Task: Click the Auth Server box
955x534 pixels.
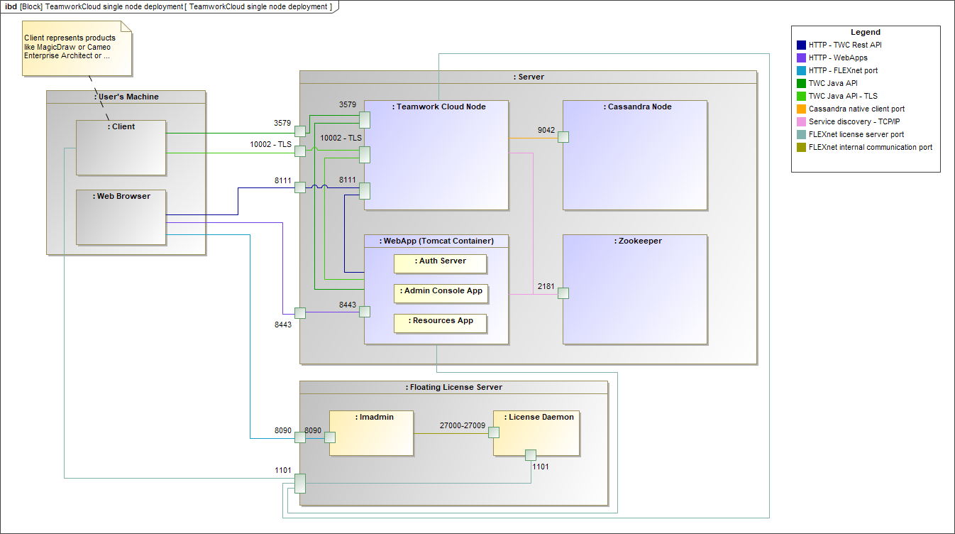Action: coord(440,263)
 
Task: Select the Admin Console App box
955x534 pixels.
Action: coord(441,293)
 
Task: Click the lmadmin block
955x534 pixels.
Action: coord(371,432)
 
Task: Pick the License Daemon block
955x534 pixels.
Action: coord(536,432)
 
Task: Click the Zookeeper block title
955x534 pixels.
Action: coord(635,241)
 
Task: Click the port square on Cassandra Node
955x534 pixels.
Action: coord(563,137)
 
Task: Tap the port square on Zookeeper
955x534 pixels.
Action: coord(563,293)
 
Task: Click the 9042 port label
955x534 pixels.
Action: coord(546,130)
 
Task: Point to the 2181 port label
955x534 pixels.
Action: coord(546,286)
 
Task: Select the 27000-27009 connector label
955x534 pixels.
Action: coord(462,427)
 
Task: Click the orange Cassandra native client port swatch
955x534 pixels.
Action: coord(802,109)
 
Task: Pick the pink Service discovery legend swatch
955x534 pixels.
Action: coord(802,122)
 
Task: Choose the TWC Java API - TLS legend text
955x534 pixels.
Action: coord(843,97)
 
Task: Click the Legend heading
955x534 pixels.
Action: coord(866,33)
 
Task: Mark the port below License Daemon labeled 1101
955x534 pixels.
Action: coord(530,455)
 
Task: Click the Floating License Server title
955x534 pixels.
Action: coord(454,388)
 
